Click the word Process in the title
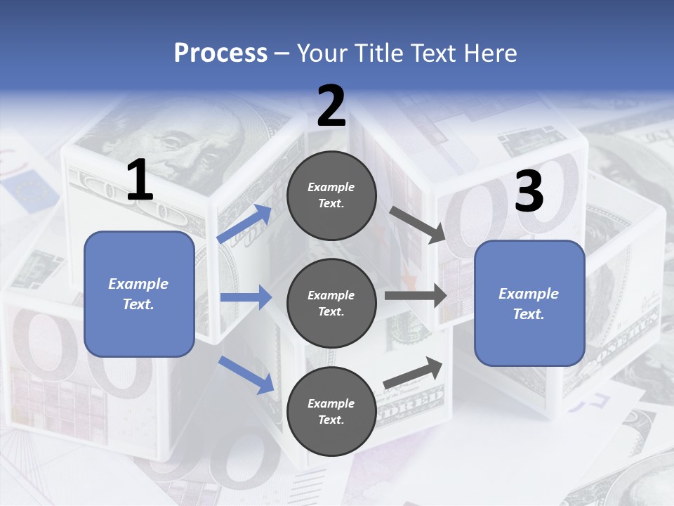pyautogui.click(x=220, y=53)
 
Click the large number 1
pyautogui.click(x=140, y=180)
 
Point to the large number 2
pyautogui.click(x=331, y=105)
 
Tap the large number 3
pyautogui.click(x=529, y=192)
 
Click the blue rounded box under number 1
pyautogui.click(x=139, y=294)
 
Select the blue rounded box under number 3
pyautogui.click(x=529, y=304)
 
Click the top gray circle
pyautogui.click(x=331, y=195)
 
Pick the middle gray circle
pyautogui.click(x=331, y=303)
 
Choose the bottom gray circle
pyautogui.click(x=331, y=411)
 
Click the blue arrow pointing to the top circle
pyautogui.click(x=244, y=223)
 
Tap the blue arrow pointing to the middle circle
pyautogui.click(x=246, y=298)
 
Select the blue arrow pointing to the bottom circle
pyautogui.click(x=246, y=374)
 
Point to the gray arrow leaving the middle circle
pyautogui.click(x=415, y=295)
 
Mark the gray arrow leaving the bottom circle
pyautogui.click(x=414, y=373)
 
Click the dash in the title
pyautogui.click(x=282, y=53)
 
